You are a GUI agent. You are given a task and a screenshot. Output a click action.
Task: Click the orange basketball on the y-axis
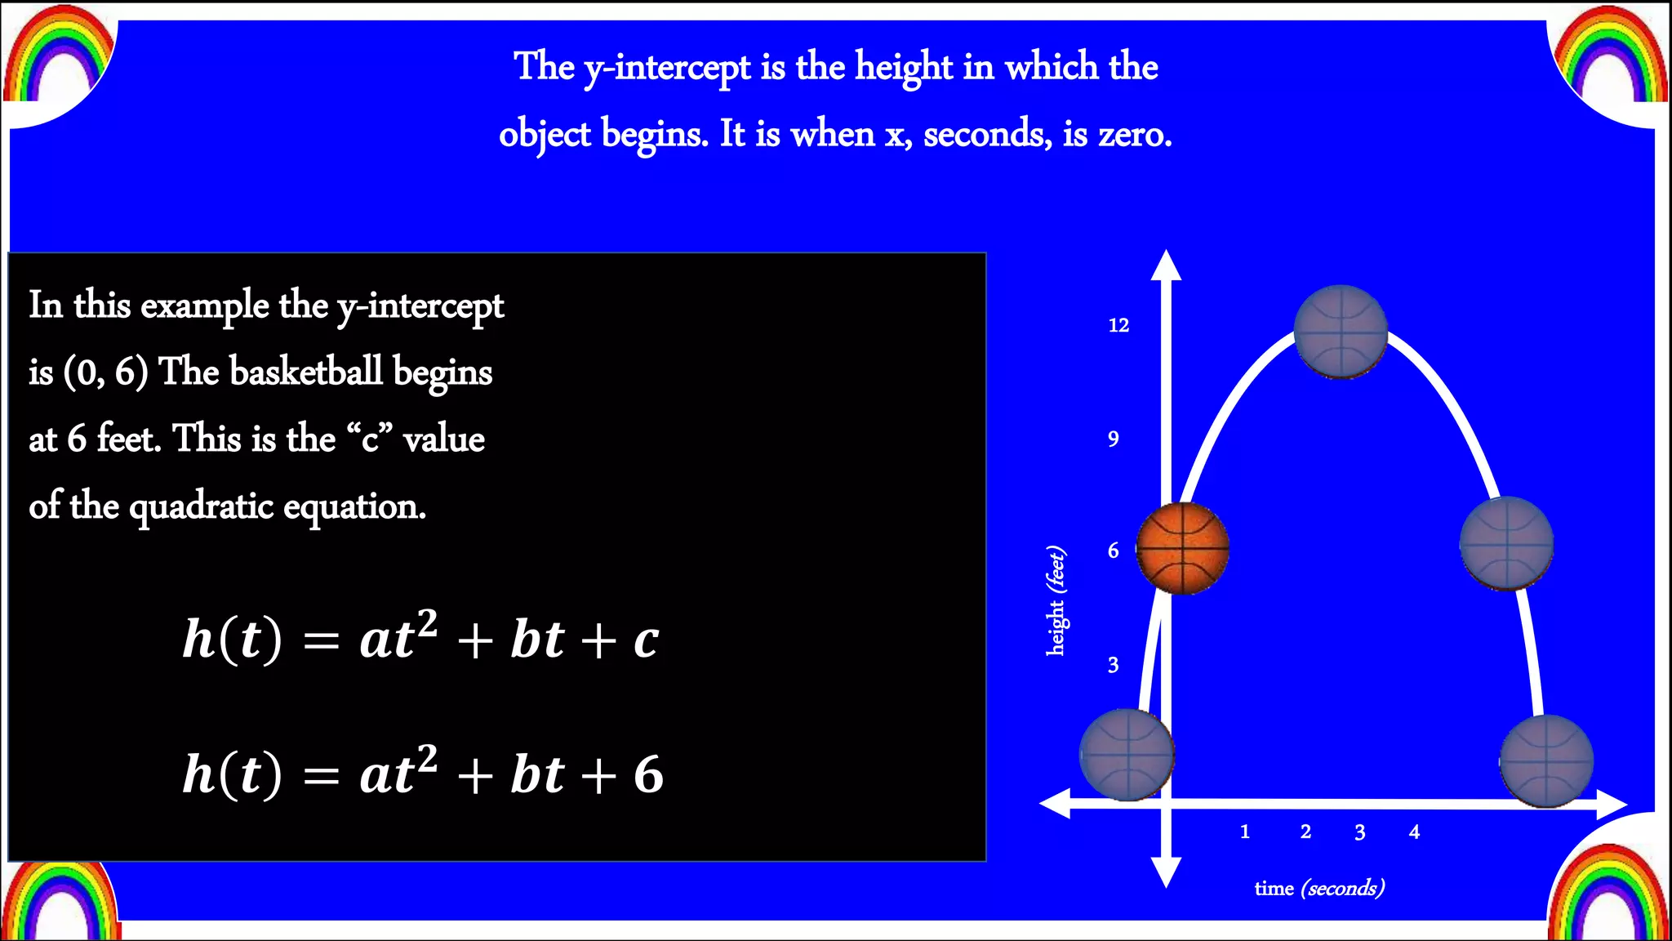coord(1182,547)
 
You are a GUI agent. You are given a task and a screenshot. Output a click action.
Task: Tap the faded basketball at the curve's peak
coord(1341,332)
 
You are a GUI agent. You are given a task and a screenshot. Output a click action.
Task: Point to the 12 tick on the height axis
coord(1118,325)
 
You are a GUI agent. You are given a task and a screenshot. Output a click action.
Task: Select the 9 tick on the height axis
coord(1113,439)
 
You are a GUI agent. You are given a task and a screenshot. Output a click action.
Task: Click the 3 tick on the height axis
coord(1113,665)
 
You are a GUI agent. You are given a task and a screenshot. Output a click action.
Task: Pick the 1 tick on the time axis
coord(1244,832)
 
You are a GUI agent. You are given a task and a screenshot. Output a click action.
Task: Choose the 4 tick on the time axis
coord(1414,832)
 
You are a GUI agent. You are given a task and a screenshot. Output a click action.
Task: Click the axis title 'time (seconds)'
coord(1319,888)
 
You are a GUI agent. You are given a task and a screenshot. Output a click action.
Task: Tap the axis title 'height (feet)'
coord(1056,600)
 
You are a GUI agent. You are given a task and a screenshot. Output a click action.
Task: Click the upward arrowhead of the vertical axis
coord(1166,266)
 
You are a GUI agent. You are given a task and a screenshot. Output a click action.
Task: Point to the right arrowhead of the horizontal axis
coord(1612,805)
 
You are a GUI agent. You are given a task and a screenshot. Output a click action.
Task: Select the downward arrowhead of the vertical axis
coord(1166,872)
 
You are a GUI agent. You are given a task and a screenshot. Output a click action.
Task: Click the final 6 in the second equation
coord(648,774)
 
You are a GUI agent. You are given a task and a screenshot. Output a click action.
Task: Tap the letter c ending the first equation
coord(646,640)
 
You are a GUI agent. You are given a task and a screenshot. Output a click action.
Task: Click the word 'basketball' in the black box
coord(306,372)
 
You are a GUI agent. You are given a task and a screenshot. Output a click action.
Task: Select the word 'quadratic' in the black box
coord(201,507)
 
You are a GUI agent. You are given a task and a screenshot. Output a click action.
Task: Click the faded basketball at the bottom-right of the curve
coord(1546,760)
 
